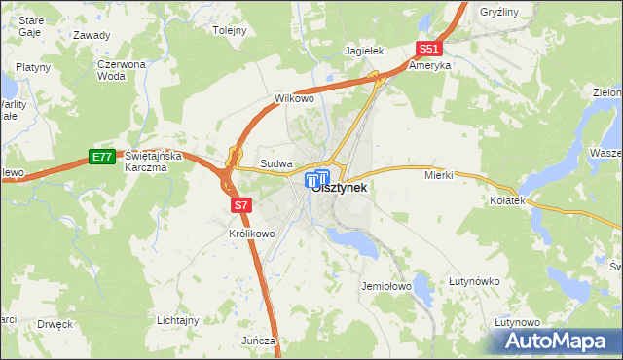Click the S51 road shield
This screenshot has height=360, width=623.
coord(429,49)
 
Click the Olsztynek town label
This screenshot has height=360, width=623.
coord(340,189)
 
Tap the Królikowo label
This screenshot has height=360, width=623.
coord(252,234)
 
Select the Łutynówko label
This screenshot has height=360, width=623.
coord(474,281)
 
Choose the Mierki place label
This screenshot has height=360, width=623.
coord(440,176)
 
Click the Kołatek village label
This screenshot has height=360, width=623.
coord(508,199)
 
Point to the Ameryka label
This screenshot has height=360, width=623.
coord(430,65)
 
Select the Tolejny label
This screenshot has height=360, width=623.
coord(230,30)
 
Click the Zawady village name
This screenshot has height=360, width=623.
coord(92,34)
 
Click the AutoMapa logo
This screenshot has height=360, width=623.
coord(555,341)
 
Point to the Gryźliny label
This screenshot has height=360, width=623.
coord(501,12)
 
